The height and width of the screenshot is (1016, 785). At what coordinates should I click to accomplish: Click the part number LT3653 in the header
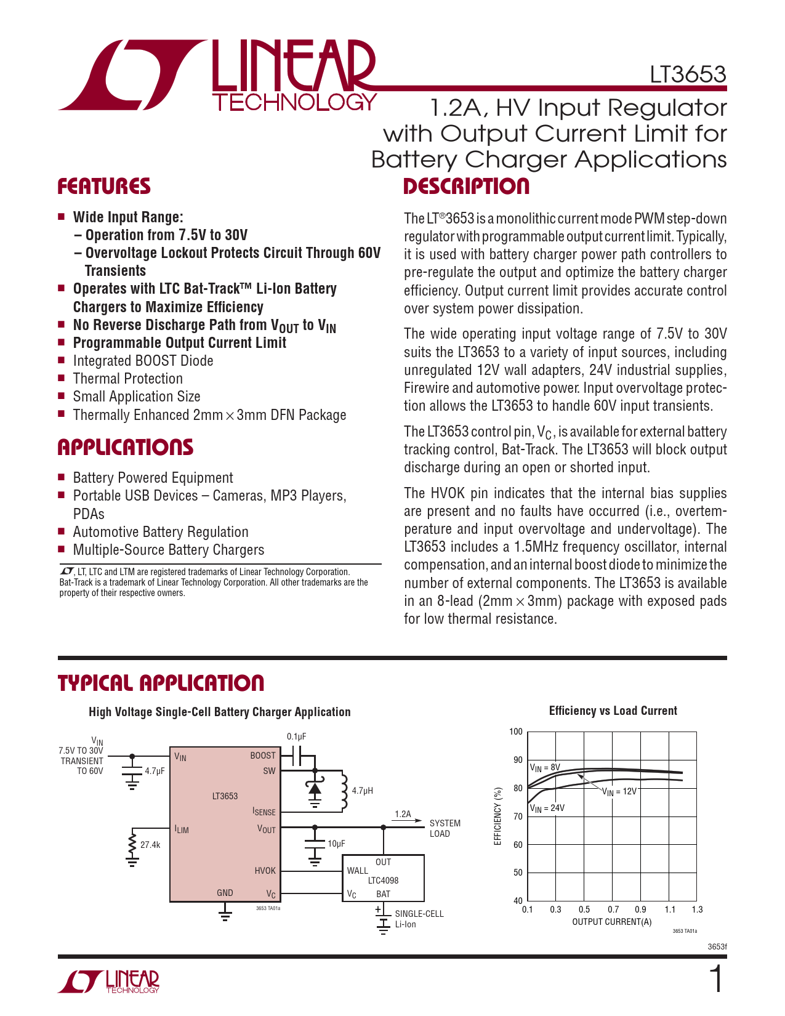(x=688, y=75)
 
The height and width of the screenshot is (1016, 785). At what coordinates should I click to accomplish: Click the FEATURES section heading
(x=103, y=187)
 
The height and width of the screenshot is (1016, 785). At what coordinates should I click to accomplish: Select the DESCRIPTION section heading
(x=466, y=187)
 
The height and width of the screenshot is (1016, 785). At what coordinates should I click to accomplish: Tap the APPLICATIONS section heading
(x=125, y=448)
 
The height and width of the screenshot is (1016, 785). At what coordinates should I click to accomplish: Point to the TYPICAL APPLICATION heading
(x=161, y=683)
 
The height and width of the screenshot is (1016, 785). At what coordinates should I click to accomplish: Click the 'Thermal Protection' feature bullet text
(x=127, y=379)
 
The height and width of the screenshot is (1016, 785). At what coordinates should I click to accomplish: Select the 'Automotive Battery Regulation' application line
(x=160, y=532)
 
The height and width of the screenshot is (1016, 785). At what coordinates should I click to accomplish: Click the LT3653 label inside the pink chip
(x=225, y=796)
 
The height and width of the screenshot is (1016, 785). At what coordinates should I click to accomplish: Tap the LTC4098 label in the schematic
(x=383, y=881)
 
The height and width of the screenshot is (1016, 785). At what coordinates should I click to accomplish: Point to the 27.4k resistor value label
(x=150, y=845)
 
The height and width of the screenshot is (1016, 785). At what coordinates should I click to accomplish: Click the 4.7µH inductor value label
(x=362, y=791)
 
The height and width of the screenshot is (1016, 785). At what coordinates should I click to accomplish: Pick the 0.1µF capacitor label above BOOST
(x=296, y=736)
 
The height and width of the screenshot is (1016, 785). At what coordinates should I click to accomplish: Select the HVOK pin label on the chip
(x=265, y=871)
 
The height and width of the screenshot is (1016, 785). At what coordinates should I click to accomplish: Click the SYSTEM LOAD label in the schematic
(x=445, y=828)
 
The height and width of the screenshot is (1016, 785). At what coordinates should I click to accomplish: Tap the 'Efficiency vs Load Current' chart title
(x=613, y=711)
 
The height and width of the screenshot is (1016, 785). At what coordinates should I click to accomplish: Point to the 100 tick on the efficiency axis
(x=515, y=732)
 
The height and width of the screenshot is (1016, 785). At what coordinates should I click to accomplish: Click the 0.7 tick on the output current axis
(x=613, y=909)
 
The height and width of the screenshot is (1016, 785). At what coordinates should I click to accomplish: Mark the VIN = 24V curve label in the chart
(x=547, y=808)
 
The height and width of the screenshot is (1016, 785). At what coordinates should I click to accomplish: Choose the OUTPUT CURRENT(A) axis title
(x=611, y=922)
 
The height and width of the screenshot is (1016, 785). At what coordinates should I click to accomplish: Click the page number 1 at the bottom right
(x=717, y=980)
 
